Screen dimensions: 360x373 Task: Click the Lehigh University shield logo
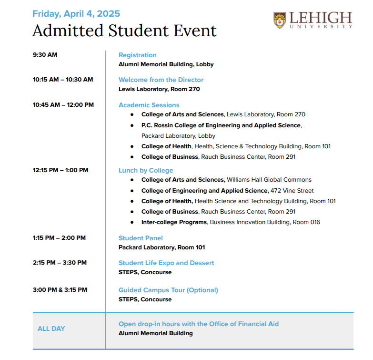[x=280, y=20]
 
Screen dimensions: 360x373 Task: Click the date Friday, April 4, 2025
[x=76, y=14]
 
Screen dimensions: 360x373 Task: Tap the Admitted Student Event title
[x=124, y=31]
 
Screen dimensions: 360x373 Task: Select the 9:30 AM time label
[x=45, y=55]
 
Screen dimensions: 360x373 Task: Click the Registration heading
[x=137, y=55]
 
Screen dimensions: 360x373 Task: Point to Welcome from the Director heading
[x=161, y=80]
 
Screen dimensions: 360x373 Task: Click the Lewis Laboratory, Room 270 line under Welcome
[x=159, y=89]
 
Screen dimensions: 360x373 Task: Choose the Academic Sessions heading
[x=149, y=105]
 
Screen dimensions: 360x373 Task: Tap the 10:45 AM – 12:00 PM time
[x=63, y=105]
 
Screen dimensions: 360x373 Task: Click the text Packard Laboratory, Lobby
[x=178, y=136]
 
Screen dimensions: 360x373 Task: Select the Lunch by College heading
[x=146, y=170]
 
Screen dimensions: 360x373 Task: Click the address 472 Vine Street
[x=292, y=191]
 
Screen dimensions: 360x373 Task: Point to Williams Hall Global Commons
[x=269, y=180]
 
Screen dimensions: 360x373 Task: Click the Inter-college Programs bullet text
[x=174, y=222]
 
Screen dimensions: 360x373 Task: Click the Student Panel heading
[x=141, y=238]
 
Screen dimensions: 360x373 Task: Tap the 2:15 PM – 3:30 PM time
[x=60, y=263]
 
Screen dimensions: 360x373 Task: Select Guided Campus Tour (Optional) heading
[x=168, y=290]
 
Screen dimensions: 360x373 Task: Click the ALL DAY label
[x=51, y=329]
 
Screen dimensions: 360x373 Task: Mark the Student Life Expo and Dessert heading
[x=166, y=263]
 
